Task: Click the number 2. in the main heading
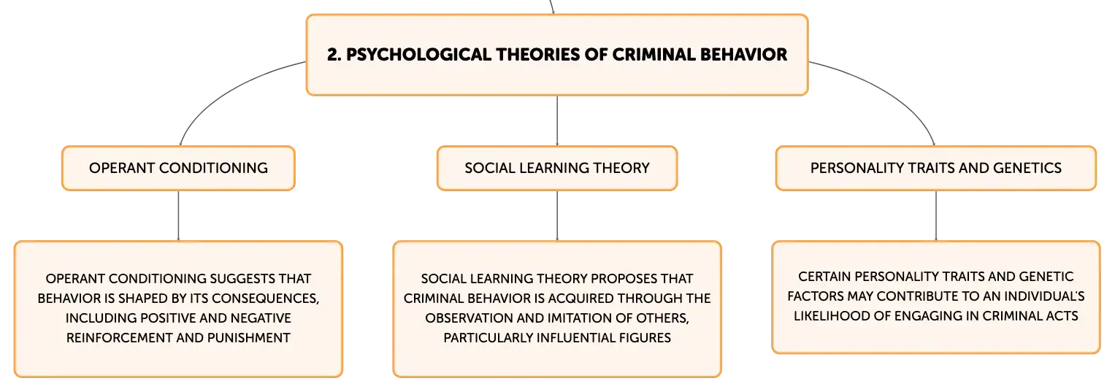click(334, 55)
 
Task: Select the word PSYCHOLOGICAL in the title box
click(418, 55)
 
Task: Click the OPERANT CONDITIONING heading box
click(178, 168)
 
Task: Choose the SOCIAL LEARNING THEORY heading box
click(557, 168)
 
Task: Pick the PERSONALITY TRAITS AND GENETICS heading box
click(936, 168)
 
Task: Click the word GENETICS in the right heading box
click(1027, 168)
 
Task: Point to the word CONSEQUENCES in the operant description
click(265, 299)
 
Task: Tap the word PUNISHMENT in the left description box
click(249, 338)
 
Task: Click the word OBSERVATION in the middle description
click(469, 318)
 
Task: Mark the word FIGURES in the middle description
click(645, 338)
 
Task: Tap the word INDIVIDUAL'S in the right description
click(1044, 296)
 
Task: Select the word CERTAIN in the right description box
click(824, 277)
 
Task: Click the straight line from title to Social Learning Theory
click(557, 120)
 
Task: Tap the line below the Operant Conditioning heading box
click(178, 216)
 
